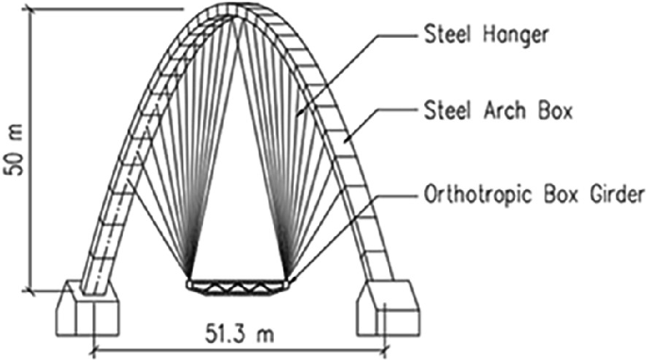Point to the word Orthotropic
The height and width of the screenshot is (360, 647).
(484, 197)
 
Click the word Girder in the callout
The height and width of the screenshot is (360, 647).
(616, 197)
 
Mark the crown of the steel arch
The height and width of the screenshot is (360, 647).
(236, 11)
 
